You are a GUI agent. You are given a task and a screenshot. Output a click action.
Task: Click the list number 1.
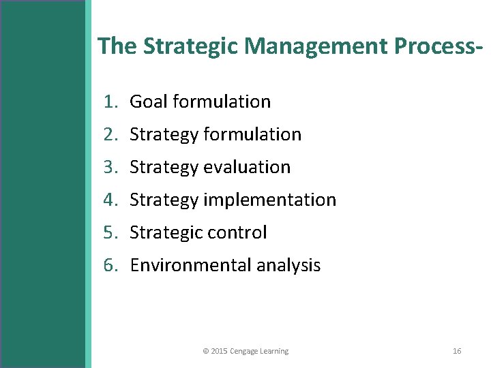pyautogui.click(x=110, y=102)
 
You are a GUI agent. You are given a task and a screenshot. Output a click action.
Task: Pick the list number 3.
pyautogui.click(x=110, y=167)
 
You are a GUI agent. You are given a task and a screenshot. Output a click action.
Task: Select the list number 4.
pyautogui.click(x=110, y=200)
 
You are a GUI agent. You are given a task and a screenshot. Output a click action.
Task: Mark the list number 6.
pyautogui.click(x=110, y=265)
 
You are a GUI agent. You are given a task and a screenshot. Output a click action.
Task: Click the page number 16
pyautogui.click(x=457, y=351)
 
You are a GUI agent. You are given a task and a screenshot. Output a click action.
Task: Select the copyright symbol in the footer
pyautogui.click(x=205, y=351)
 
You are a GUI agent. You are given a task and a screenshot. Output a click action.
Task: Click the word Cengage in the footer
pyautogui.click(x=243, y=351)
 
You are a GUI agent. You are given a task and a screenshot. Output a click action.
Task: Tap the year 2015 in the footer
pyautogui.click(x=219, y=351)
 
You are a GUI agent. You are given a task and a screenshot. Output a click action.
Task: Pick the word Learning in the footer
pyautogui.click(x=274, y=351)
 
